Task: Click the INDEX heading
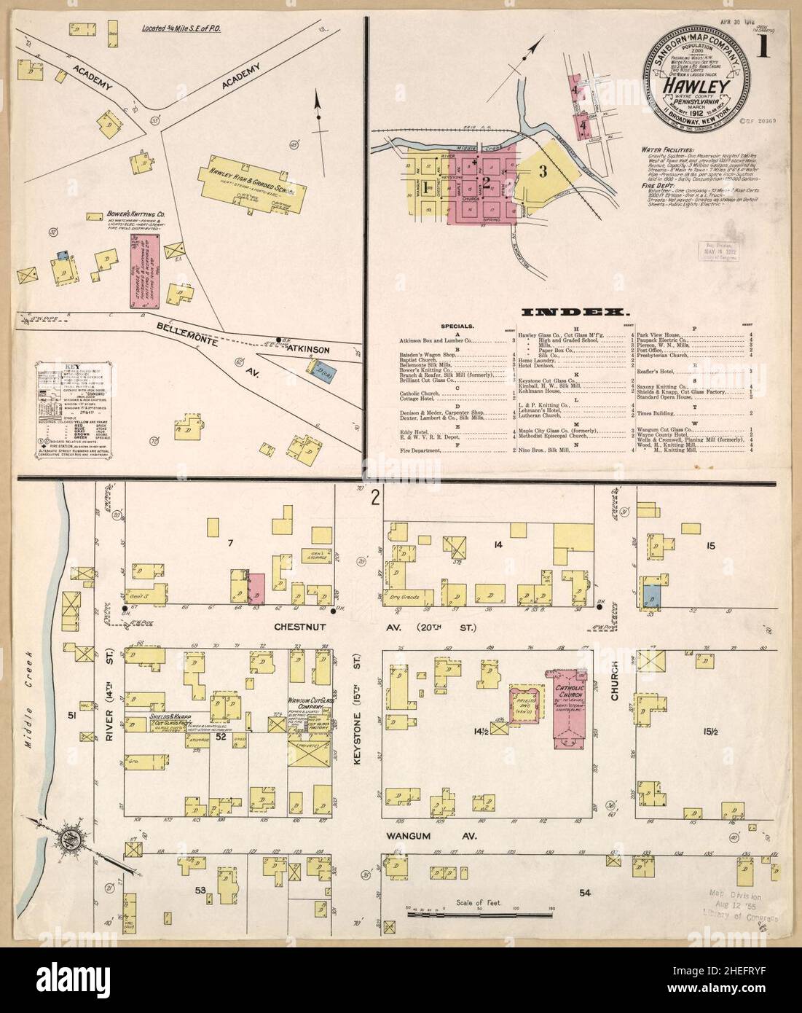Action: point(574,312)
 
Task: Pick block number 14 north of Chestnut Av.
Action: point(498,544)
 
